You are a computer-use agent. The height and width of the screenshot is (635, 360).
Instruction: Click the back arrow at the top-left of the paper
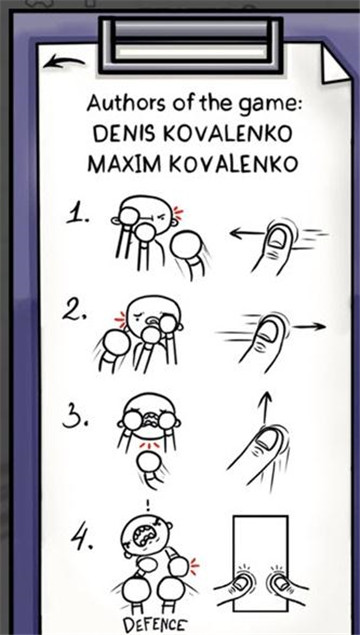coord(64,62)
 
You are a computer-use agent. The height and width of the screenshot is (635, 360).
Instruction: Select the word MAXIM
coord(116,164)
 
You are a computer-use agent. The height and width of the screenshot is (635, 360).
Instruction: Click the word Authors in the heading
coord(119,104)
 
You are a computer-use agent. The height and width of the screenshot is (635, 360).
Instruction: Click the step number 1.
coord(78,214)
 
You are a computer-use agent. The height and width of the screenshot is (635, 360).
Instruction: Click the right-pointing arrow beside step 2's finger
coord(309,326)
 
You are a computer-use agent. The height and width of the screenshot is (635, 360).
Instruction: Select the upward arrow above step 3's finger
coord(265,409)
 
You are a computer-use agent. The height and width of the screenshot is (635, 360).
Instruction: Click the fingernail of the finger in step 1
coord(278,238)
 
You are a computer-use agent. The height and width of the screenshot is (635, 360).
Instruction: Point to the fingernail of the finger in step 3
coord(268,441)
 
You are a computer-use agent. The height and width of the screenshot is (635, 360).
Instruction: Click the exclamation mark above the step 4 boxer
coord(148,505)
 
